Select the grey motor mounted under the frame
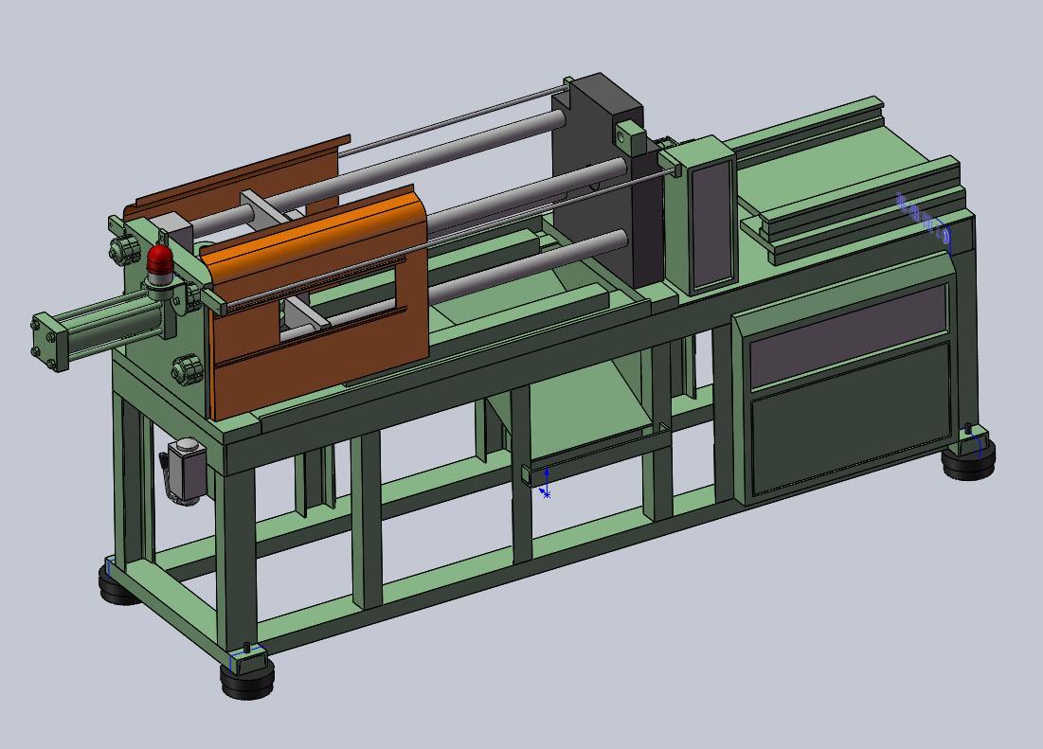(188, 471)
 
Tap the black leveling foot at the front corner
(248, 676)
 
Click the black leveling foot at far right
(969, 461)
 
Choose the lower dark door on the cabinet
(850, 421)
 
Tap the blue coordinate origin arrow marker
(546, 483)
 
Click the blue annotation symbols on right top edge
(924, 219)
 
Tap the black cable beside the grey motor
(167, 473)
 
